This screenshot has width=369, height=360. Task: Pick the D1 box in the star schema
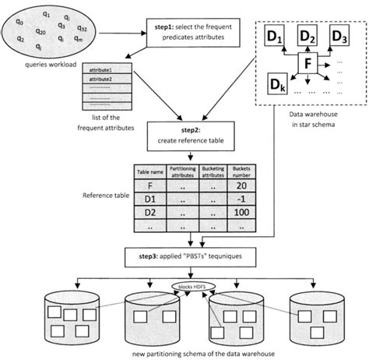pos(275,36)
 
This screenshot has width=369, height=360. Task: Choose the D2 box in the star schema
pos(307,36)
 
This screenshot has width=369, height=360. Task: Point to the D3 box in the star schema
pos(339,36)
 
